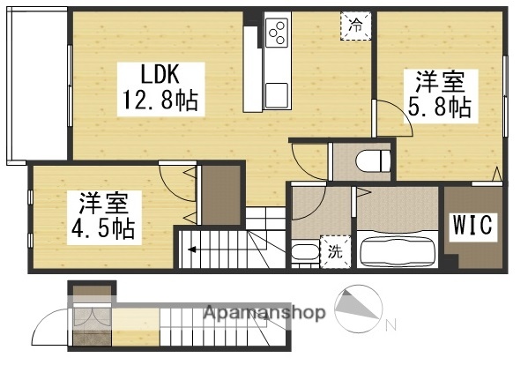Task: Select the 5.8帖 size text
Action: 438,108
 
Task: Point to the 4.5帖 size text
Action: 102,231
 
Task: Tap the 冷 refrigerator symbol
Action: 355,26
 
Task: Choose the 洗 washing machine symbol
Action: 337,251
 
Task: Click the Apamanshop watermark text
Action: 264,313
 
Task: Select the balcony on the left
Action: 36,88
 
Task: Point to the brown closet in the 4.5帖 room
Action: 219,193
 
